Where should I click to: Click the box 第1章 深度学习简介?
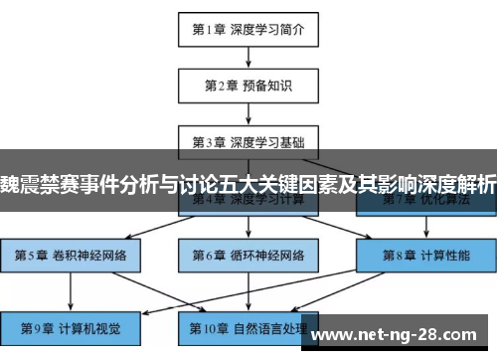tap(248, 30)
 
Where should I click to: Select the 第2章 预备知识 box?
tap(248, 86)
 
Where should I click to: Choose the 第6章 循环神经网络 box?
tap(248, 255)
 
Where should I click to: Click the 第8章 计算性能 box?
tap(425, 255)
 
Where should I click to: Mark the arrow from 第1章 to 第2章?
tap(248, 57)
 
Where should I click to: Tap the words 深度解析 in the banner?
tap(448, 184)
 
